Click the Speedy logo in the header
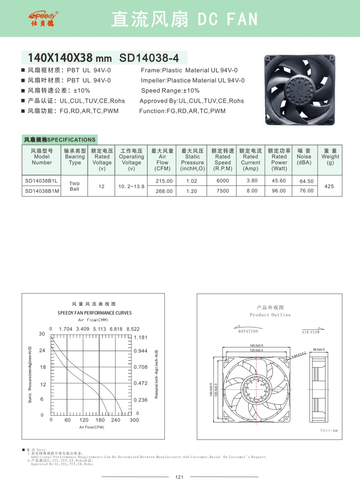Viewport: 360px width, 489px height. coord(43,19)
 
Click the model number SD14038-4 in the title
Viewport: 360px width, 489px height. coord(149,58)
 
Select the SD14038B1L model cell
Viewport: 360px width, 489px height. coord(41,181)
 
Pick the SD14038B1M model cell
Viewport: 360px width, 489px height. coord(42,191)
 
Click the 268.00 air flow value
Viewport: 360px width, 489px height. coord(164,191)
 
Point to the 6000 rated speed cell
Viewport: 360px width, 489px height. coord(223,181)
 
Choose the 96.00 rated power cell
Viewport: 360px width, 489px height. coord(279,191)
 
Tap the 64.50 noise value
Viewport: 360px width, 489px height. coord(306,181)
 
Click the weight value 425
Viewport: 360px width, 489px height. coord(329,186)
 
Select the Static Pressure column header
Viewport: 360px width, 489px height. coord(192,160)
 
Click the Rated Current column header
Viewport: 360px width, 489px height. coord(250,160)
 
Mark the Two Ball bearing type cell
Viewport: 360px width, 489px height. coord(74,186)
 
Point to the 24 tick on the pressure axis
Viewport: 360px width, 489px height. coord(42,350)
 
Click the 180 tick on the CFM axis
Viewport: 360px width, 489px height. coord(100,420)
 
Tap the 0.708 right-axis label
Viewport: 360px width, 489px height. coord(140,367)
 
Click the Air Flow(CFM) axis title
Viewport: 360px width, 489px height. coord(92,427)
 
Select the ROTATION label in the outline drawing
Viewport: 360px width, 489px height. coord(248,331)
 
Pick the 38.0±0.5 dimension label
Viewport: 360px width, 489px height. coord(318,349)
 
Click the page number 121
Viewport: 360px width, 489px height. coord(179,477)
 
